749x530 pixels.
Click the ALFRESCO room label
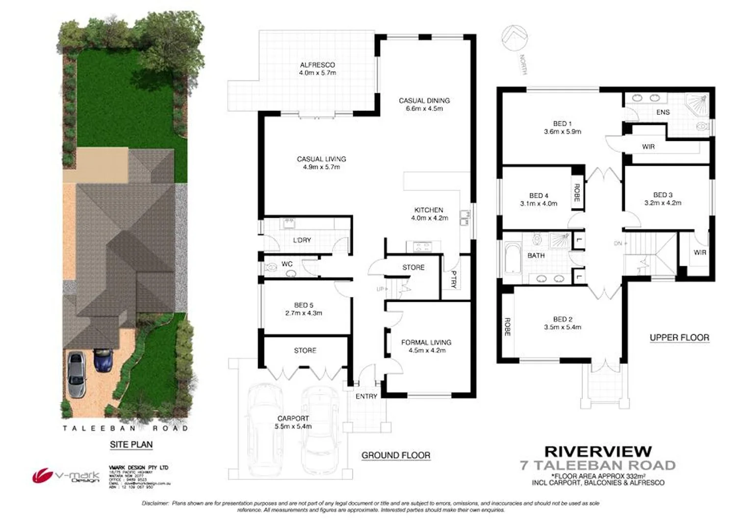pos(317,69)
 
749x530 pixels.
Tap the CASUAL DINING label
pos(424,105)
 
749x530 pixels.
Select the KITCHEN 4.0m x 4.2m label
pos(429,214)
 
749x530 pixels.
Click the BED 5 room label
pos(304,309)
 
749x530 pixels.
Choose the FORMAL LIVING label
pos(426,346)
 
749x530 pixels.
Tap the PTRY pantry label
pos(454,279)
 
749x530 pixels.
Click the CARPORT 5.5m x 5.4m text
pos(293,422)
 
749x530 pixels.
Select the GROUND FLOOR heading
pos(395,455)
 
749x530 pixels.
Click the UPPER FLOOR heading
pos(679,338)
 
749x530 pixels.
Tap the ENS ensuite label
pos(663,112)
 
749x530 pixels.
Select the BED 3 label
pos(662,199)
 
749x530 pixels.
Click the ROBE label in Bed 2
pos(507,327)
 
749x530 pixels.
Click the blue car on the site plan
pos(103,360)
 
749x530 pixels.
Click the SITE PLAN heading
pos(131,445)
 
